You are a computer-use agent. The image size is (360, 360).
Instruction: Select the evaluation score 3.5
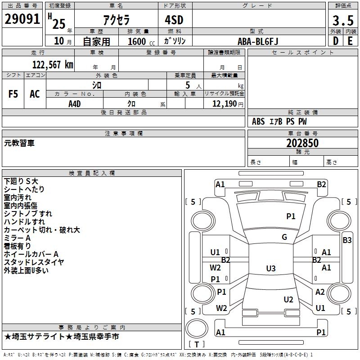[x=342, y=21]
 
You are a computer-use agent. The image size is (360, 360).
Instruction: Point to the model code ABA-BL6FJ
[x=258, y=41]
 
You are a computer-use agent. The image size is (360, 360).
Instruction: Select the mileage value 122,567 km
[x=53, y=64]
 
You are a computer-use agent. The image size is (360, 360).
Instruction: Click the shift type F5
[x=13, y=94]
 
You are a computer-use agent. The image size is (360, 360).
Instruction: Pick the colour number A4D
[x=75, y=103]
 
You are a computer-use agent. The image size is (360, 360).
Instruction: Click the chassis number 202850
[x=302, y=144]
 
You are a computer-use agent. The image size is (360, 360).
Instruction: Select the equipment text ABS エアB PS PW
[x=279, y=121]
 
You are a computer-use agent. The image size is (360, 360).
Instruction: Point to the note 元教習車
[x=19, y=143]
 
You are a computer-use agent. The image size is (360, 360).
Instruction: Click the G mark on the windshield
[x=284, y=237]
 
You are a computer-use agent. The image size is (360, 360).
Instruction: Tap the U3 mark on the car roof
[x=270, y=269]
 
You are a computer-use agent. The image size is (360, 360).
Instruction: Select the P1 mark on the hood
[x=291, y=216]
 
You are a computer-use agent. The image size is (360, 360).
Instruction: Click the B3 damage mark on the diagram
[x=347, y=240]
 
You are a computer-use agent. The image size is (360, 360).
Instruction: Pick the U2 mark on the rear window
[x=288, y=300]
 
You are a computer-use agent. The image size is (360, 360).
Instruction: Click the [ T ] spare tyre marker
[x=197, y=344]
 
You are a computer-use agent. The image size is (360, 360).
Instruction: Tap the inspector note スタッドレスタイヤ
[x=34, y=262]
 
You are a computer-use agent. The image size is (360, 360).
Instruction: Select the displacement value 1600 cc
[x=140, y=41]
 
